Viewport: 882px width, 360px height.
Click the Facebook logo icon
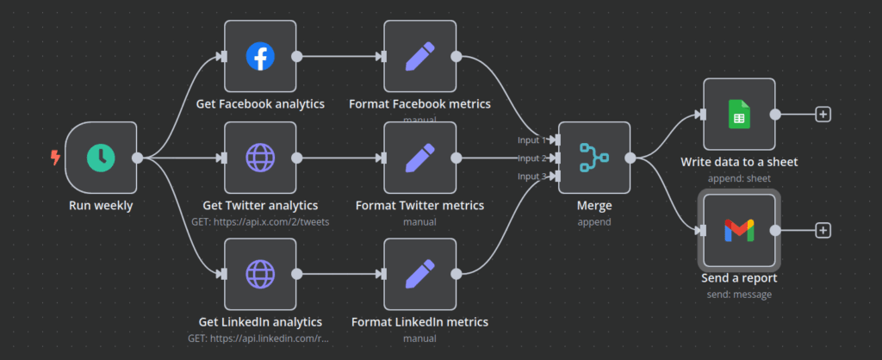259,57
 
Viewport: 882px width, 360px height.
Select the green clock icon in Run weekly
101,158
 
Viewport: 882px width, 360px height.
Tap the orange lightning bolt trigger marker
56,158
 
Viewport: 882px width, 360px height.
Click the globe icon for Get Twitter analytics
259,158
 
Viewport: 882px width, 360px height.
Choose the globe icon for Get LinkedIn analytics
259,275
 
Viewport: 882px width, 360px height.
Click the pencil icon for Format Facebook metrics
419,57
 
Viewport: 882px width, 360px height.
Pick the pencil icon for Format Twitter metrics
419,158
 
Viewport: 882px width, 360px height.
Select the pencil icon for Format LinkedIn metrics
419,275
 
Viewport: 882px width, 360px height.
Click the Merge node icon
593,158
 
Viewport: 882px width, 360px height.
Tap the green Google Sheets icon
739,114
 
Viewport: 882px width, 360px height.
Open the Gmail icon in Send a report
739,230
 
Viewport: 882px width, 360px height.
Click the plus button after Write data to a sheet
823,114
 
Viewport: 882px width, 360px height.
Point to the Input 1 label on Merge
531,140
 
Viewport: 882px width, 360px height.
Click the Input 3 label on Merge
531,177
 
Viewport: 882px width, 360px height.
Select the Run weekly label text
101,206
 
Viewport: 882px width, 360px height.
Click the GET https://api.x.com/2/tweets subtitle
259,221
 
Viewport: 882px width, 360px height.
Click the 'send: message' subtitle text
739,294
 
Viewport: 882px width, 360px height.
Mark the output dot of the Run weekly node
137,158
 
